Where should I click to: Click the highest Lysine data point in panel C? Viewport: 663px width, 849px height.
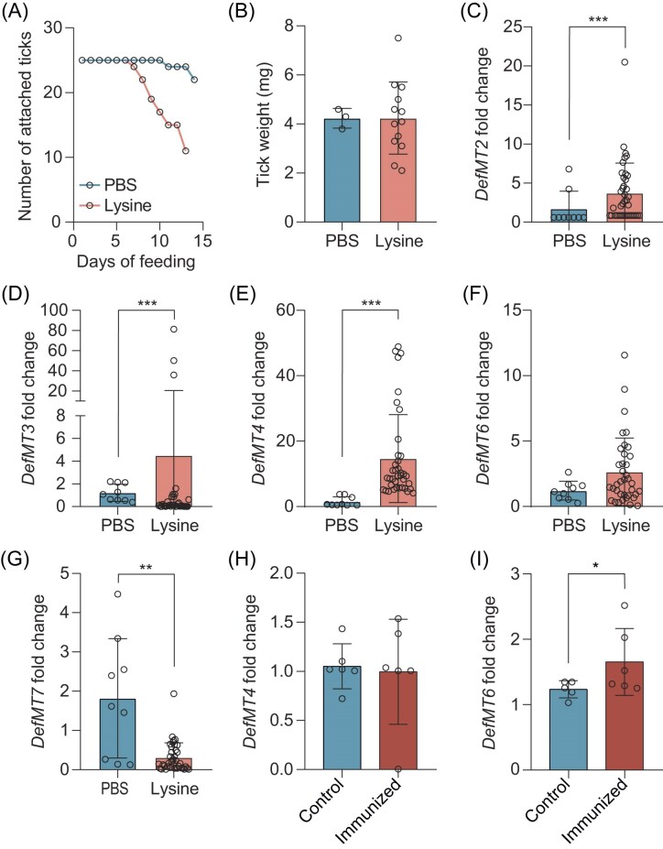(624, 61)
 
